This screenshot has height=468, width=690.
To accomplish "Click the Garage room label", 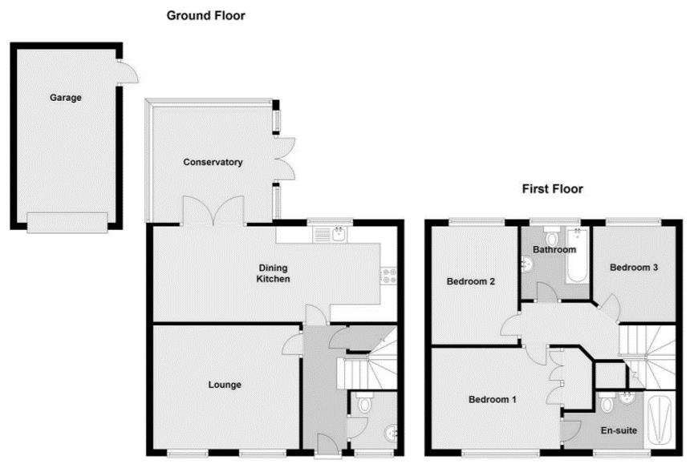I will coord(66,98).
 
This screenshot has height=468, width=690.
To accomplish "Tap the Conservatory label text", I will coord(213,163).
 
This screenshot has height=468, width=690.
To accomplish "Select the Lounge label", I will coord(225,385).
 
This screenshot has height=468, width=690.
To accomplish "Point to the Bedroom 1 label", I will coord(493,399).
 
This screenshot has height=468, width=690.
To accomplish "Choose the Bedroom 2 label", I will coord(470,281).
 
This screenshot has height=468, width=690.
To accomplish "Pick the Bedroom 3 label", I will coord(634,267).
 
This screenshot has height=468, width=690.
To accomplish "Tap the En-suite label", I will coord(619,430).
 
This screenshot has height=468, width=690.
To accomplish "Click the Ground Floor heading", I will coord(205,15).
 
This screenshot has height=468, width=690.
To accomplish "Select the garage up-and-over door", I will coord(67,222).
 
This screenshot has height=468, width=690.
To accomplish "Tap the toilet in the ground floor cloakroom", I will coord(363,405).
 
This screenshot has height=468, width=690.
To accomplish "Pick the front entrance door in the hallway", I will coord(327,443).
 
